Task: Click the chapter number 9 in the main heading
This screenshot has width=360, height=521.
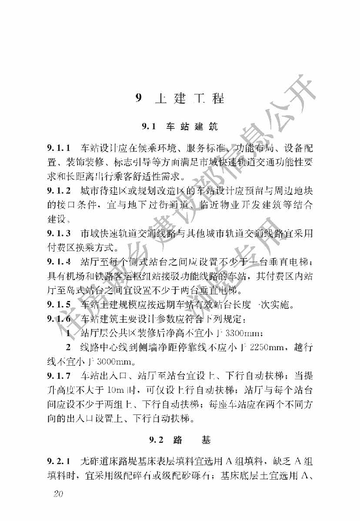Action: pyautogui.click(x=139, y=98)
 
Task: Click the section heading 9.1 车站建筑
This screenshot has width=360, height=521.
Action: pyautogui.click(x=180, y=127)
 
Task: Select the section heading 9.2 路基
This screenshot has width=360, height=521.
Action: pyautogui.click(x=180, y=440)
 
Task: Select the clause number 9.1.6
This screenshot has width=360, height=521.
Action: pyautogui.click(x=59, y=319)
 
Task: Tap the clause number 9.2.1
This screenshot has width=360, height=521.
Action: pyautogui.click(x=59, y=461)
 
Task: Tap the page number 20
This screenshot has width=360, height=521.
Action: pyautogui.click(x=58, y=494)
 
